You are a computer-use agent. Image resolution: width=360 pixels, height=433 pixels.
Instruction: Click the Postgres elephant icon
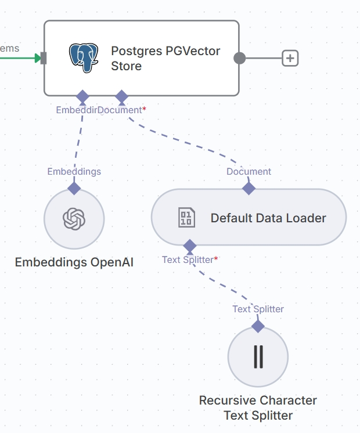coord(84,57)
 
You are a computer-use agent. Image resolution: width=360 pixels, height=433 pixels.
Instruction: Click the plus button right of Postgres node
coord(290,58)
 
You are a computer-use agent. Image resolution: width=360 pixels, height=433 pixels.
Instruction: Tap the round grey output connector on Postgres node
coord(239,58)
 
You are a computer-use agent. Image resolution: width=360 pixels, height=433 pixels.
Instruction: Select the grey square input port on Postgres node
coord(44,58)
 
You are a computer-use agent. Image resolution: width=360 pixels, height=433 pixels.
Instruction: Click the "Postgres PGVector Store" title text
coord(165,58)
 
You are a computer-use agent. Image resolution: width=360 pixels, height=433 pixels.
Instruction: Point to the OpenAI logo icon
coord(74,219)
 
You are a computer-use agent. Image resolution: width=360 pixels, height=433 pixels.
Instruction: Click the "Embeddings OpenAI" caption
coord(74,262)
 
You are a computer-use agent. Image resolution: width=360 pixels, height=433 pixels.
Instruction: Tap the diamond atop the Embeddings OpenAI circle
coord(74,188)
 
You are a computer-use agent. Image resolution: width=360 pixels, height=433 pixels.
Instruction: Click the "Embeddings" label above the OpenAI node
coord(74,172)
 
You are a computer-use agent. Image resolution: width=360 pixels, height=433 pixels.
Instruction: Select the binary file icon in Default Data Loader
coord(186,218)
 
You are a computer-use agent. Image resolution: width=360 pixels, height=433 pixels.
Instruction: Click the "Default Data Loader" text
coord(268,218)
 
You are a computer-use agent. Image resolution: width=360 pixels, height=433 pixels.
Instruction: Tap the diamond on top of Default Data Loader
coord(249,188)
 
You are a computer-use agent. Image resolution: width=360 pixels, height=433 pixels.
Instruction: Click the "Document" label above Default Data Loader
coord(249,172)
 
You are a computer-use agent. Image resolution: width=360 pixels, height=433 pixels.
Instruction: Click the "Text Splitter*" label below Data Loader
coord(190,259)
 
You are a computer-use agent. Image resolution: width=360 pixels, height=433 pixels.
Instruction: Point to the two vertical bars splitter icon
coord(258,356)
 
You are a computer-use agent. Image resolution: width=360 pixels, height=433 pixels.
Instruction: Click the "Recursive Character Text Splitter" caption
coord(258,408)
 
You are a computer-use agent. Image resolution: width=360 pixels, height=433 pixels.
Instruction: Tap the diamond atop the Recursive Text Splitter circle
coord(258,326)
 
